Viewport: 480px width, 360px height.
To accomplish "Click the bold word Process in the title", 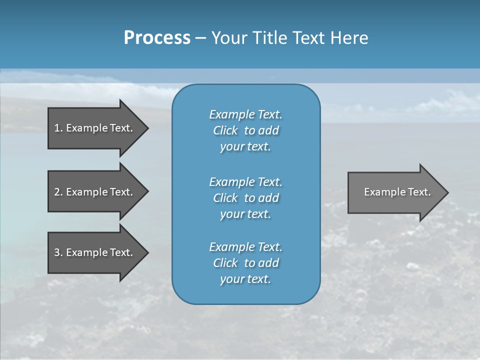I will coord(157,38).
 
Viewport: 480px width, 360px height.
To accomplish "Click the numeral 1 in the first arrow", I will coord(57,128).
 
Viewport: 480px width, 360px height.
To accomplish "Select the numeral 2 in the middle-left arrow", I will coord(57,192).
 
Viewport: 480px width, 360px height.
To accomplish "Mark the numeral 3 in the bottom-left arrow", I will coord(57,252).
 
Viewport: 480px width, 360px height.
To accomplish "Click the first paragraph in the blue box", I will coord(245,130).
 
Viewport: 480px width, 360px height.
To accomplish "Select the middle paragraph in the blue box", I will coord(245,197).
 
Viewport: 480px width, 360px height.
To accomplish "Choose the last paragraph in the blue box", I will coord(245,263).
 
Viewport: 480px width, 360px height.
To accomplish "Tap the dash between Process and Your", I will coord(200,38).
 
